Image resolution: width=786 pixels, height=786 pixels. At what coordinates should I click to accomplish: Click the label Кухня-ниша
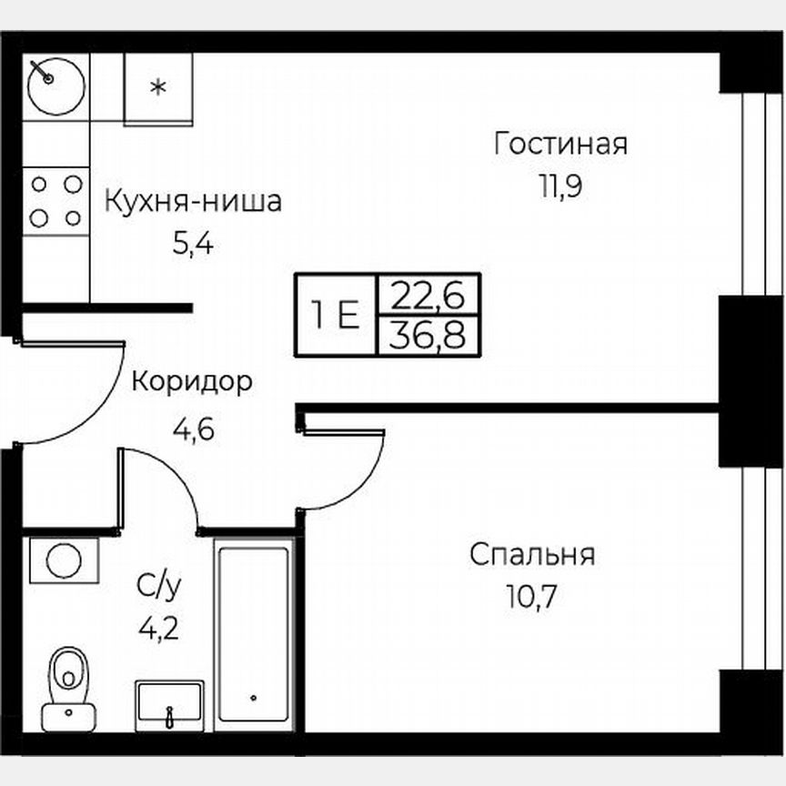click(x=193, y=200)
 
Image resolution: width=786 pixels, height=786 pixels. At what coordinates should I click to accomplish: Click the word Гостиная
click(x=560, y=144)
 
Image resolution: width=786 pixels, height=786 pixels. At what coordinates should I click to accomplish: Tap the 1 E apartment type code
click(x=335, y=315)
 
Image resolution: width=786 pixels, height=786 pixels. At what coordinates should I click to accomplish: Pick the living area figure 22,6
click(x=428, y=295)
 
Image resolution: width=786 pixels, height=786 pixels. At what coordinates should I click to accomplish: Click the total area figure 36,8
click(x=428, y=336)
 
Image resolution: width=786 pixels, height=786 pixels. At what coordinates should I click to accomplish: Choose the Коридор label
click(x=192, y=382)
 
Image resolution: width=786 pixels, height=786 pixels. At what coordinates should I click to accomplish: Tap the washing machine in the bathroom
click(x=64, y=559)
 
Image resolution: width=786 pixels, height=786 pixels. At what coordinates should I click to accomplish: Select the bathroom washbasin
click(x=169, y=705)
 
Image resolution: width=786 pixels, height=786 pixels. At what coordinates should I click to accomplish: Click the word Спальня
click(x=532, y=554)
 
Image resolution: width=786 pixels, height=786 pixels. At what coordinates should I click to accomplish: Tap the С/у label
click(x=158, y=587)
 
